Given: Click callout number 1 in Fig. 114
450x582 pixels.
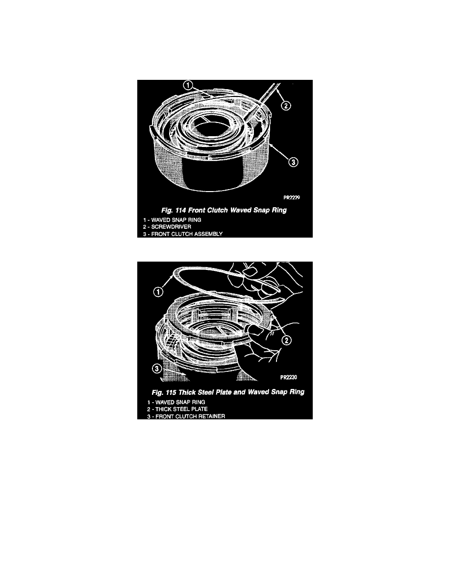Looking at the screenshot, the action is click(x=188, y=85).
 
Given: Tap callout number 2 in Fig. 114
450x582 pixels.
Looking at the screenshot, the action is click(x=285, y=106).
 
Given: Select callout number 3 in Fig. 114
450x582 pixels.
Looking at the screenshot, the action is click(x=293, y=162).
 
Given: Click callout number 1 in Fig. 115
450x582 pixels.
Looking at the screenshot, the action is click(x=158, y=292).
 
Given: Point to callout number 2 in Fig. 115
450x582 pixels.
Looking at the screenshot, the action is click(x=287, y=340).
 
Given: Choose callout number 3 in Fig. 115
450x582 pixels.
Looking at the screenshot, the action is click(x=157, y=368).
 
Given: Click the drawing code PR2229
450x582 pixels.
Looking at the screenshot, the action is click(x=292, y=197).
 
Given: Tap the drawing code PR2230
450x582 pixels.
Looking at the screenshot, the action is click(x=289, y=378).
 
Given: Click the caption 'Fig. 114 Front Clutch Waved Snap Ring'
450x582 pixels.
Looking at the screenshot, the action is click(x=224, y=211).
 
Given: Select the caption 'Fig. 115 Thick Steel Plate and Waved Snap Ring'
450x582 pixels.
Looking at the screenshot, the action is click(x=228, y=392).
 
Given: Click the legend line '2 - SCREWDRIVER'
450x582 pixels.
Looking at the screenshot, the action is click(x=167, y=227).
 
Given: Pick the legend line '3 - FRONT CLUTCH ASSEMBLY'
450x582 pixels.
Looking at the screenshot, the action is click(x=183, y=234).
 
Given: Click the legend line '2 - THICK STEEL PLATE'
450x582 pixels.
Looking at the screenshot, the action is click(x=177, y=409).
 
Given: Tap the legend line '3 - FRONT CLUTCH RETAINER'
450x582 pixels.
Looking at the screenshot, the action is click(x=186, y=416).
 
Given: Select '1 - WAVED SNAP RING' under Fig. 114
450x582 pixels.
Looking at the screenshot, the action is click(x=172, y=220).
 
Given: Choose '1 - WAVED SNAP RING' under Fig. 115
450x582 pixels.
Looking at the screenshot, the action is click(x=176, y=402).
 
